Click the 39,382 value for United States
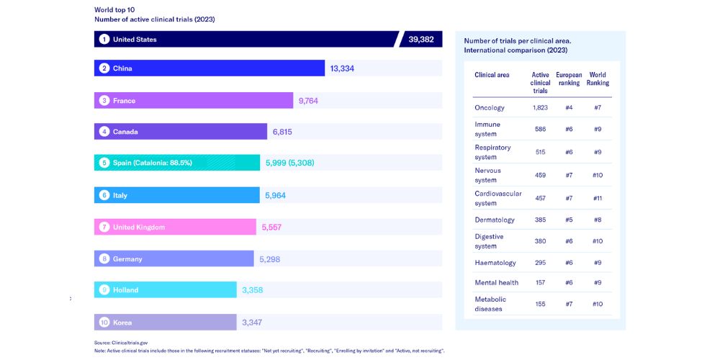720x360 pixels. coord(420,40)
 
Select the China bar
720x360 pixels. coord(210,68)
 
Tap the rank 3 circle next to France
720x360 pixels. coord(104,101)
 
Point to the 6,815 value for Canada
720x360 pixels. coord(282,132)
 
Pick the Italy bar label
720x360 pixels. coord(120,195)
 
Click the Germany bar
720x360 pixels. coord(174,258)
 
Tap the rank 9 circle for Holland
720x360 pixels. coord(104,290)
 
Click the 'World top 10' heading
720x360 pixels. coord(114,10)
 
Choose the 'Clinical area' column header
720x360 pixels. coord(492,75)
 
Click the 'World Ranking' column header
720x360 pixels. coord(598,78)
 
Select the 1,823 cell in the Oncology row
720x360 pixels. coord(540,108)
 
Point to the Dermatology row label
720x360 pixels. coord(495,219)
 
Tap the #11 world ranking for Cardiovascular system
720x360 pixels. coord(597,198)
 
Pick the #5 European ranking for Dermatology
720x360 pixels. coord(569,219)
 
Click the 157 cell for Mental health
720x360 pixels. coord(540,283)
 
